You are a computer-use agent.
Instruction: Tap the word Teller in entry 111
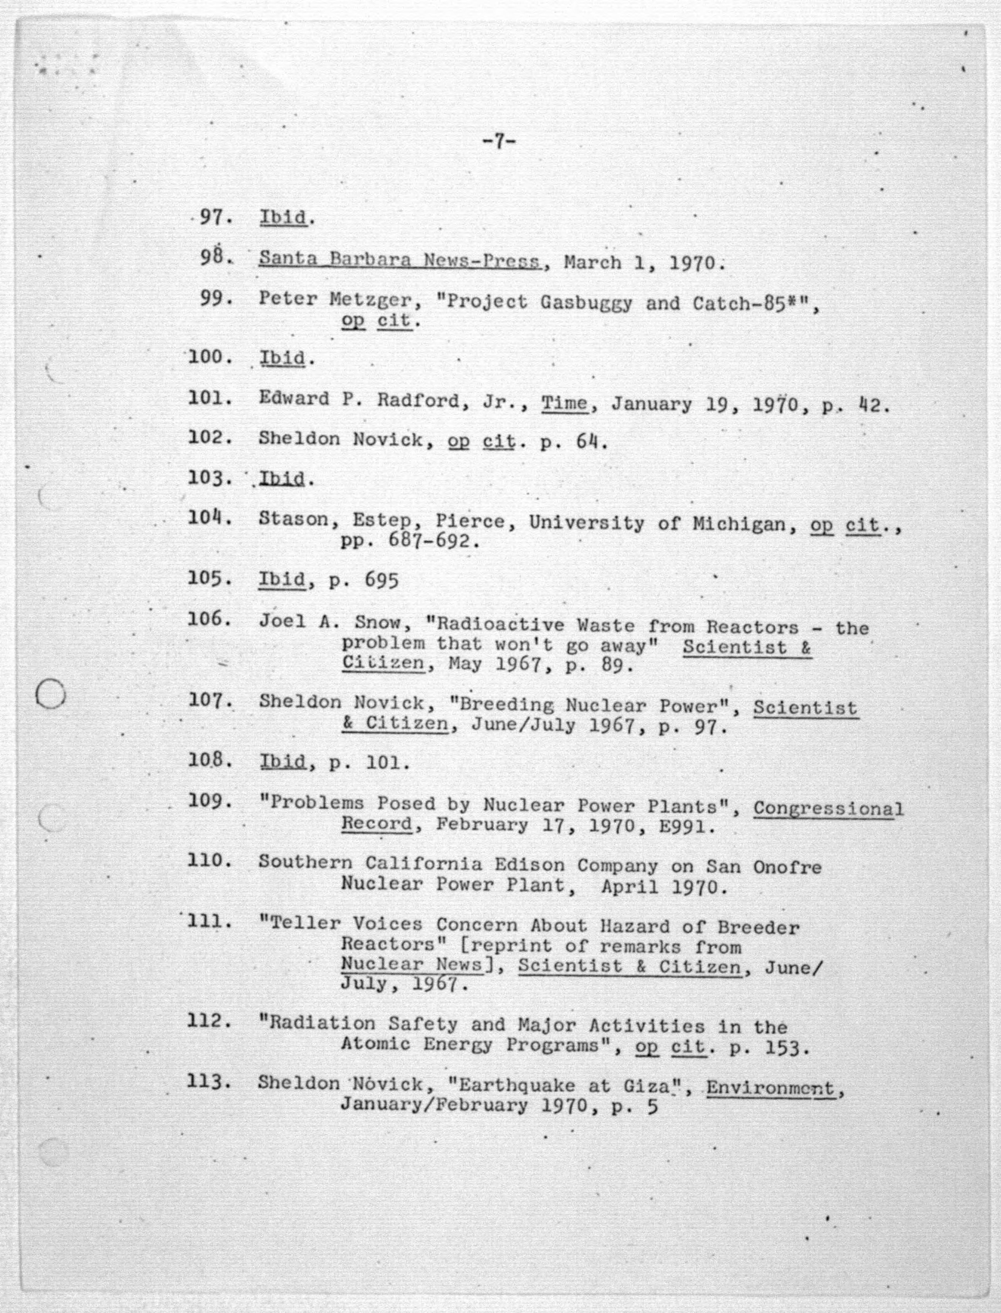pos(306,924)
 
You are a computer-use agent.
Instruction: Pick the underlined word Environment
pos(770,1088)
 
